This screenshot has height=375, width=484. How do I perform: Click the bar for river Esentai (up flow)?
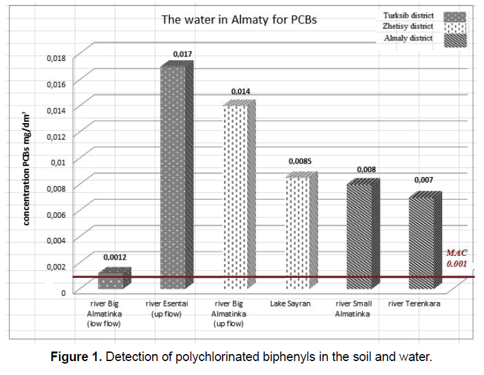[x=173, y=178]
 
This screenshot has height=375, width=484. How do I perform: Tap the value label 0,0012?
[x=115, y=258]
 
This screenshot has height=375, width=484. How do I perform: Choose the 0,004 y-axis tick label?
[x=56, y=240]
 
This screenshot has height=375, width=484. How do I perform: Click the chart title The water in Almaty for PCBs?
[x=240, y=20]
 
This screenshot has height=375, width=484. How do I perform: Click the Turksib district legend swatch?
[x=453, y=16]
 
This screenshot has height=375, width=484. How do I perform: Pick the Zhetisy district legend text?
[x=408, y=27]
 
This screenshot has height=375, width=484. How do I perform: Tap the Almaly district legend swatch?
[x=453, y=39]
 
